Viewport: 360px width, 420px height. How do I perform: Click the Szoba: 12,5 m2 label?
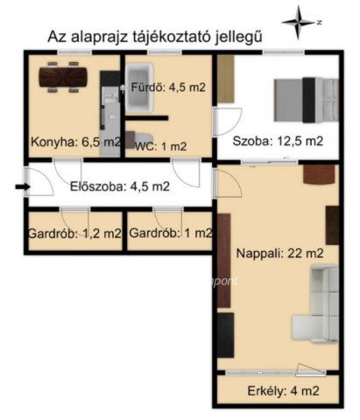(x=278, y=141)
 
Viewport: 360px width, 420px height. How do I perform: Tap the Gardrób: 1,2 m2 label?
(x=75, y=233)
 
